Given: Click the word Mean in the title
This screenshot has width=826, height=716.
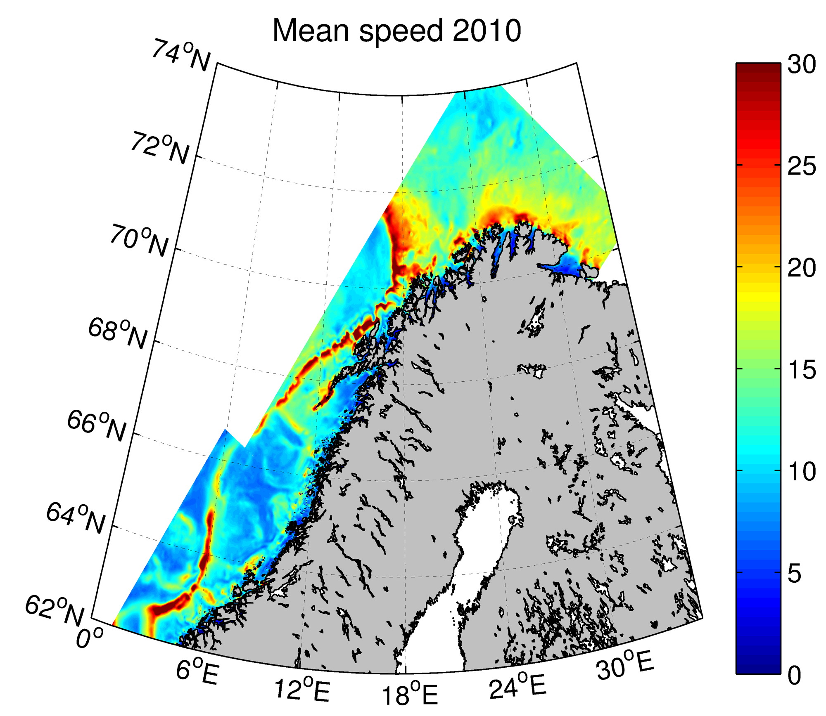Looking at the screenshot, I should click(x=311, y=31).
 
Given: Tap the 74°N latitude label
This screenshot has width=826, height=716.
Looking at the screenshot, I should click(x=181, y=56).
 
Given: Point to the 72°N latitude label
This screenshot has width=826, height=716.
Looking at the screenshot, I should click(x=160, y=148).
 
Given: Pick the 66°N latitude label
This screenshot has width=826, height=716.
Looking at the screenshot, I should click(x=97, y=426).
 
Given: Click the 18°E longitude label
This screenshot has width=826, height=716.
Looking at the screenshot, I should click(x=409, y=695).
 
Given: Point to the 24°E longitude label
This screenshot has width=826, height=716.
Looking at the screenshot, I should click(x=517, y=686).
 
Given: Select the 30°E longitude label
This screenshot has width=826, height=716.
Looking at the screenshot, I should click(x=625, y=665).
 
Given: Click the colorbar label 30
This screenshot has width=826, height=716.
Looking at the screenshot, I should click(x=802, y=65).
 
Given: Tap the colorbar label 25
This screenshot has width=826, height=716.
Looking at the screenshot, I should click(x=802, y=166).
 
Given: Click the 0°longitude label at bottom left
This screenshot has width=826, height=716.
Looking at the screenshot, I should click(x=89, y=638).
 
